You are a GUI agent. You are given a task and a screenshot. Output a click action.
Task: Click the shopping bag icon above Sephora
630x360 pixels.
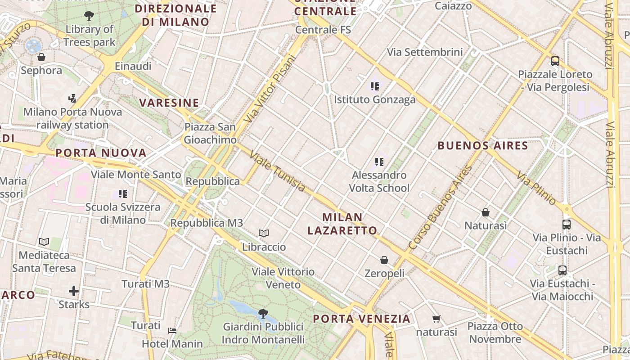point(41,57)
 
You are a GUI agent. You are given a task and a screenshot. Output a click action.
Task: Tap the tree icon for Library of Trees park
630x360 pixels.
point(89,16)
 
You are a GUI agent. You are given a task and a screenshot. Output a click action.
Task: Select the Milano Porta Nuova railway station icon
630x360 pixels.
point(72,98)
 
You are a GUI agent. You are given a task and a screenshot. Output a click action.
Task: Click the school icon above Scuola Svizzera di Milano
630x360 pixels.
point(122,194)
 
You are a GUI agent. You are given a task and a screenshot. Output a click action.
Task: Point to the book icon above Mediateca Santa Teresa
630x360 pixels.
point(44,242)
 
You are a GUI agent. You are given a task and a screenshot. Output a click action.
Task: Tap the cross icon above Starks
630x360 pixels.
point(74,291)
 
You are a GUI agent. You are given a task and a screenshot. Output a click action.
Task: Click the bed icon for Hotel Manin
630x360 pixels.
point(172,331)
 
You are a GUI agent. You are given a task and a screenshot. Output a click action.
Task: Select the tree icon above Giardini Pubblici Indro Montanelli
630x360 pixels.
point(263,313)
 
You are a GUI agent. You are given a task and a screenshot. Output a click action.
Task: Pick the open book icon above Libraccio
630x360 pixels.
point(264,234)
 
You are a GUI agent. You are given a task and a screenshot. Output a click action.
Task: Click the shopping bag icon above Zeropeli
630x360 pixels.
point(384,260)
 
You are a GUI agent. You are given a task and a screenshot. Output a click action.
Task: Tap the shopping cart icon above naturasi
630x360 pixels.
point(436,319)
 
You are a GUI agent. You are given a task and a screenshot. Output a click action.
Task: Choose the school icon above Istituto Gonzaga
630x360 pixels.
point(374,86)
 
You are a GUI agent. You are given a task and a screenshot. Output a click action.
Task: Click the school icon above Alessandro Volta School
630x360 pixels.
point(379,162)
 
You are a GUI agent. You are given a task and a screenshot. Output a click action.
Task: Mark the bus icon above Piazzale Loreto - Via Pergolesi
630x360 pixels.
point(555,61)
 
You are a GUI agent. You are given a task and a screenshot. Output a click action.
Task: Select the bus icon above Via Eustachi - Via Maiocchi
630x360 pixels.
point(562,270)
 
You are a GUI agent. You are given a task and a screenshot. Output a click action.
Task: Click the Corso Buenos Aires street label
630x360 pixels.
point(441,207)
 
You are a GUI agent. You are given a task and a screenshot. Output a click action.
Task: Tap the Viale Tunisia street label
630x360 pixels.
point(277,171)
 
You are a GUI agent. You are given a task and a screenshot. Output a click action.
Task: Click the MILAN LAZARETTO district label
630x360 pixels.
point(342,224)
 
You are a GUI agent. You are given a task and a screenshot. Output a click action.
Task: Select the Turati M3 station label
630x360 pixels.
point(146,284)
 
